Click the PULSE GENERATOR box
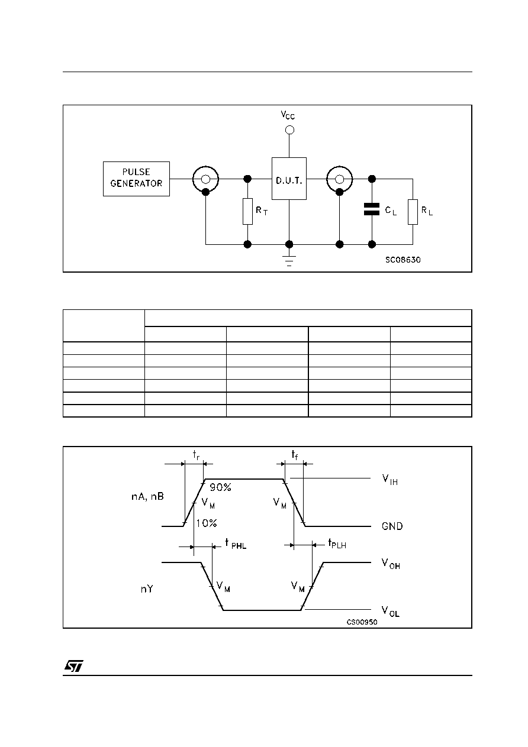(136, 179)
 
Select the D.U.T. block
(289, 179)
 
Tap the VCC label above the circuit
(288, 115)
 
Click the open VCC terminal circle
(289, 130)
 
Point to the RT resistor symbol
(247, 211)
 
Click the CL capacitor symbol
(372, 209)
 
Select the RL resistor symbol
(413, 212)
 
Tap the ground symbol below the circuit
(289, 260)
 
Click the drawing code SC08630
(403, 260)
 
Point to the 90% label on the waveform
(220, 487)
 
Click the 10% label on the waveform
(206, 523)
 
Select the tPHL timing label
(236, 544)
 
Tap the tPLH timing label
(337, 544)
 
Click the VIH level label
(390, 480)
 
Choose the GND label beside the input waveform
(392, 526)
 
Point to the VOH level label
(391, 564)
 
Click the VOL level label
(391, 612)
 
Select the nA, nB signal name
(147, 497)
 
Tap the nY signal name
(147, 589)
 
